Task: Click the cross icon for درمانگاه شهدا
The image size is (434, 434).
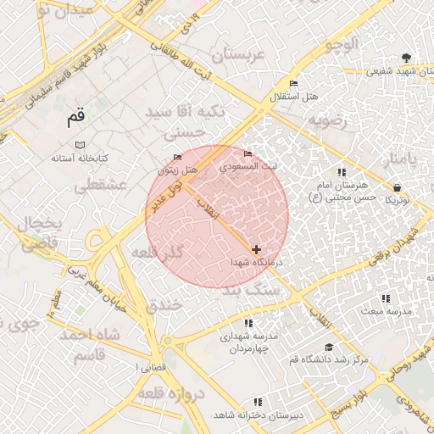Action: pos(256,249)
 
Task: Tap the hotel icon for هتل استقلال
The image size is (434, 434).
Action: pos(294,83)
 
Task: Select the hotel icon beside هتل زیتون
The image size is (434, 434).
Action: pos(177,158)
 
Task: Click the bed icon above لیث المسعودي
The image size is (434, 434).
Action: pos(248,153)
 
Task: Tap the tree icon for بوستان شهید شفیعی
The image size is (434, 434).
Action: pos(408,58)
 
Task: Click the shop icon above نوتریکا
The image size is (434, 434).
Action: pos(397,187)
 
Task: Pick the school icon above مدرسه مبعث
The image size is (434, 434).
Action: pos(386,298)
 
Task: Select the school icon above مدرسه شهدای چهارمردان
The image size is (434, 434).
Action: pos(248,323)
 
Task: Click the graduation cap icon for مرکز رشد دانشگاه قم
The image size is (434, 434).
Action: pos(328,347)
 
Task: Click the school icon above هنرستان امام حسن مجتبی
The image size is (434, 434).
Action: pos(341,173)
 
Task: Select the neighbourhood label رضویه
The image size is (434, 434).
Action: pos(328,120)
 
